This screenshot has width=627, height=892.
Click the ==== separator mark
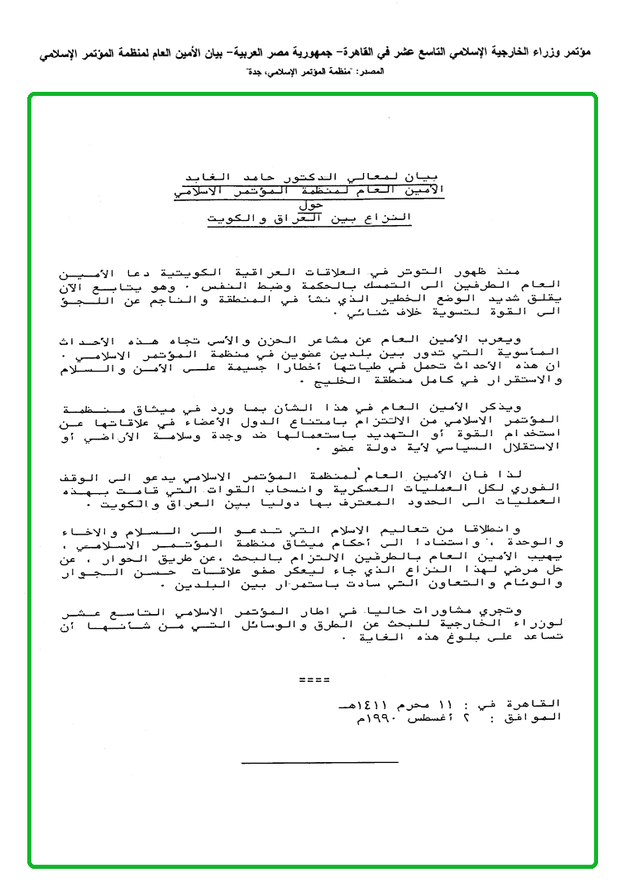click(314, 679)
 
